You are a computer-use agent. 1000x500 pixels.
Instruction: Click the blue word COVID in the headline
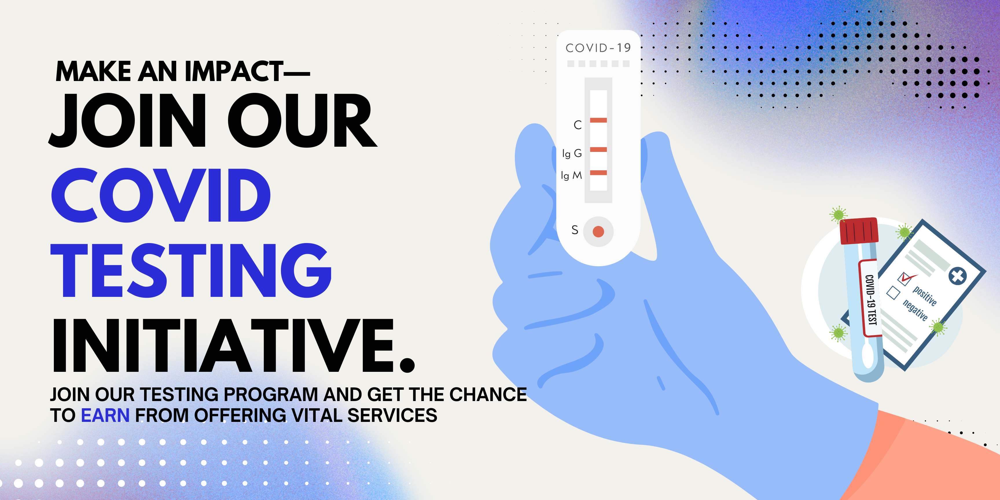click(161, 195)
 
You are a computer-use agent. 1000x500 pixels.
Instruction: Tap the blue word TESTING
click(191, 271)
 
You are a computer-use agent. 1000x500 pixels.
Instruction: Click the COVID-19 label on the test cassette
click(598, 48)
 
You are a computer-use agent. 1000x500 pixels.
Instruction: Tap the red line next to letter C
click(598, 120)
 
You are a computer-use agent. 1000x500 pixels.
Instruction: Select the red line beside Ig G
click(598, 150)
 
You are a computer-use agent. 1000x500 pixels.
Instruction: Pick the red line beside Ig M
click(598, 173)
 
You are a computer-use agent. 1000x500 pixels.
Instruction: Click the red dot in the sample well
click(598, 232)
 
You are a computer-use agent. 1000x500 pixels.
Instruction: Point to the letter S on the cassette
click(575, 230)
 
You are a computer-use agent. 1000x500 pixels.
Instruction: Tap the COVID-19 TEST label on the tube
click(871, 299)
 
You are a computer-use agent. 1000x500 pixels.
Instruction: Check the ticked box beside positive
click(905, 278)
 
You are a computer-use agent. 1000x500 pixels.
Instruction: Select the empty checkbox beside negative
click(893, 293)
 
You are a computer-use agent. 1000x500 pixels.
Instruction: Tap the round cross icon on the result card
click(958, 276)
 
